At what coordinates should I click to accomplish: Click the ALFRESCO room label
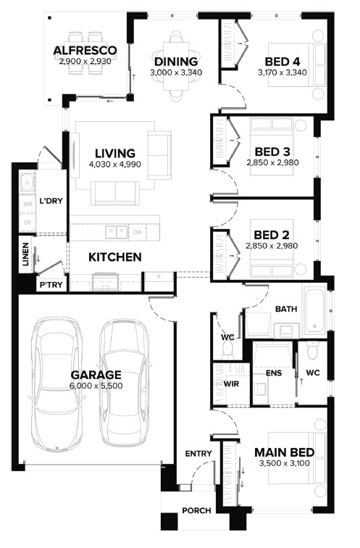point(85,50)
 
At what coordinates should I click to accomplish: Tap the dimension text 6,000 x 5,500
point(96,386)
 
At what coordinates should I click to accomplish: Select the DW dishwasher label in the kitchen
point(138,232)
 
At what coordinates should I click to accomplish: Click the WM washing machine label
point(28,204)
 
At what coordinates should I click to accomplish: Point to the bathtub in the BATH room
point(314,311)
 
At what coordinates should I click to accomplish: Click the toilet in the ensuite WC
point(312,350)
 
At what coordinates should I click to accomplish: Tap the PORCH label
point(196,510)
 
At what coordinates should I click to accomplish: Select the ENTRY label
point(198,454)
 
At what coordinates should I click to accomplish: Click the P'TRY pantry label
point(51,285)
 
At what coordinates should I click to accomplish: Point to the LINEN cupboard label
point(25,254)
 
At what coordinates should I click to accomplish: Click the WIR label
point(231,383)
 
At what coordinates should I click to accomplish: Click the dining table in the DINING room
point(176,66)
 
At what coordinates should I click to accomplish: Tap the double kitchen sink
point(117,232)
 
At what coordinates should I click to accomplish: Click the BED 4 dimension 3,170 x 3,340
point(282,72)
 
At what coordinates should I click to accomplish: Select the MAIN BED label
point(284,452)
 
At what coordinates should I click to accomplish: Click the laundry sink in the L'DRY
point(27,183)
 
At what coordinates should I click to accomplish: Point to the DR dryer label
point(28,222)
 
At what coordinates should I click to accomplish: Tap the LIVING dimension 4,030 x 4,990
point(115,164)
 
